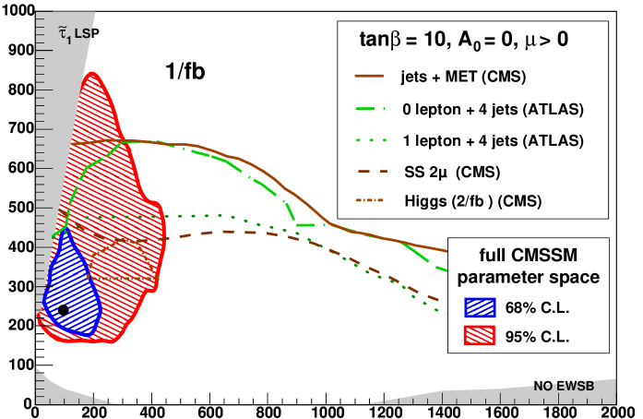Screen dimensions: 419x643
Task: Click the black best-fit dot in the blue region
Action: [63, 310]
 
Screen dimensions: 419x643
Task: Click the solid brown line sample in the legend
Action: [369, 76]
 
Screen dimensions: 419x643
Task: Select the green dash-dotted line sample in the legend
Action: [369, 108]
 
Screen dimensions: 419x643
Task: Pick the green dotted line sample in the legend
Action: [369, 139]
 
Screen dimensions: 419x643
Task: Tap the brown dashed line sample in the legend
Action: [369, 171]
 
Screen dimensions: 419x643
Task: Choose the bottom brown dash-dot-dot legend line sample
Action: [369, 200]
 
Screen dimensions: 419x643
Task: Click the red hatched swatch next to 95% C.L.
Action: [481, 336]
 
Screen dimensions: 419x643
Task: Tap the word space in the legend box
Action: [578, 277]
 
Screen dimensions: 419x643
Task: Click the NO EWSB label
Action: [563, 386]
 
